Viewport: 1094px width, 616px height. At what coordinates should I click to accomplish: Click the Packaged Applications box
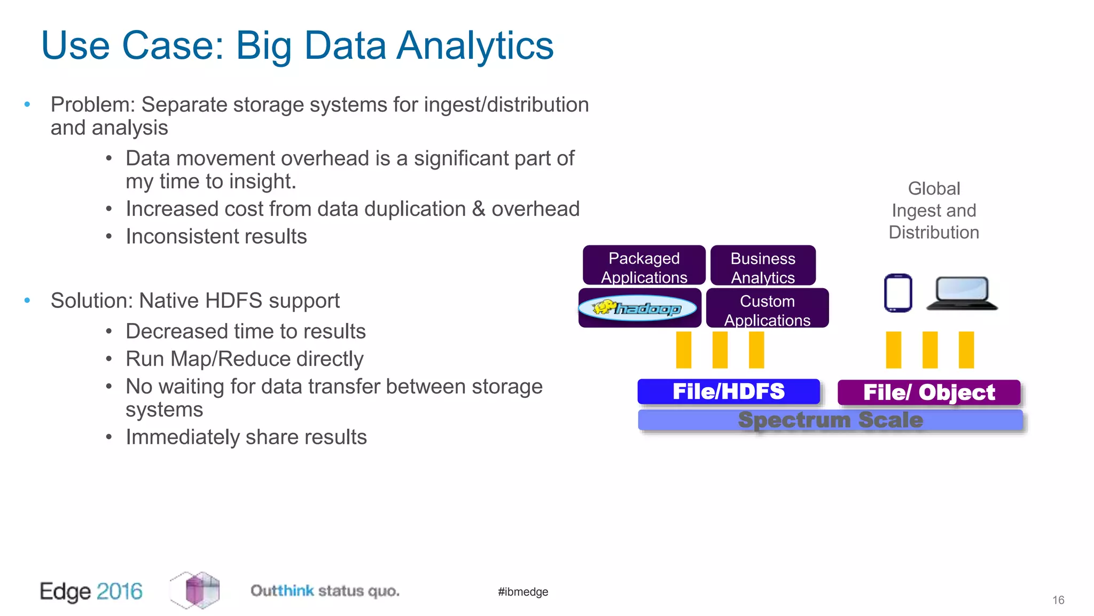(644, 266)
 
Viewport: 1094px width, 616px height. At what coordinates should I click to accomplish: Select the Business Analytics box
(763, 266)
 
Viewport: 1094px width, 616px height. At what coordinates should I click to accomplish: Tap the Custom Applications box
(767, 309)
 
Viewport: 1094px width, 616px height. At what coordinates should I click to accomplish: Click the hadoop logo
(638, 308)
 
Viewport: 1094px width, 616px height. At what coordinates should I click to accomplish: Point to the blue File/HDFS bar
(729, 391)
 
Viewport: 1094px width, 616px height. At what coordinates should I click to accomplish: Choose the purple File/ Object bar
(929, 392)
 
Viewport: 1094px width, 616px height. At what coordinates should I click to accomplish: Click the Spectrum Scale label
(830, 420)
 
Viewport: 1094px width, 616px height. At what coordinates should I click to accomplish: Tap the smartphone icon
(898, 293)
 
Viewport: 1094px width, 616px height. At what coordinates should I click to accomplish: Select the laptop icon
(962, 294)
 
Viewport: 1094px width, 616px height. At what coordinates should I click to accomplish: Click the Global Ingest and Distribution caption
(934, 211)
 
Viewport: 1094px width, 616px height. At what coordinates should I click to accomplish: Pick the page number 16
(1058, 600)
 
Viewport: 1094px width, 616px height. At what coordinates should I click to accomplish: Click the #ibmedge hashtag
(523, 592)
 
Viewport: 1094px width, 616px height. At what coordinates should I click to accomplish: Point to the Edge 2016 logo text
(91, 591)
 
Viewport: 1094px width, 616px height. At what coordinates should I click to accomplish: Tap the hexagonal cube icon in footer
(196, 590)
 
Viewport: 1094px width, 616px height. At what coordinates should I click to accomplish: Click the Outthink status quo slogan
(325, 591)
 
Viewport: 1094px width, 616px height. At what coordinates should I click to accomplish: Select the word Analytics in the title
(475, 46)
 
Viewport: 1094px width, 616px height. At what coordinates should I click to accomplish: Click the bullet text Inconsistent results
(216, 236)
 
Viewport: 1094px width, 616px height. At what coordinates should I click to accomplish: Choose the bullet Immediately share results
(246, 437)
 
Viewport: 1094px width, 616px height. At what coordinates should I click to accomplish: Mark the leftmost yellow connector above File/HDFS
(684, 350)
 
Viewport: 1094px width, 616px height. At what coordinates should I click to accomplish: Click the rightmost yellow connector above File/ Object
(966, 350)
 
